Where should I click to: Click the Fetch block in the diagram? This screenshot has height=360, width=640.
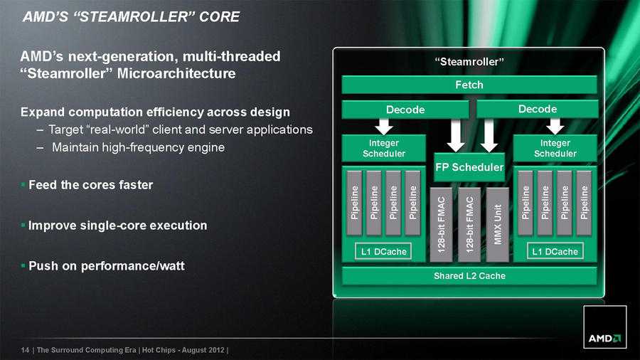click(x=469, y=85)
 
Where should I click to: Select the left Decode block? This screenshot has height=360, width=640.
click(x=405, y=110)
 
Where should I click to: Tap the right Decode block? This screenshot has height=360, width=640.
click(x=537, y=109)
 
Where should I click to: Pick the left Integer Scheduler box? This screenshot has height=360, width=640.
click(x=384, y=149)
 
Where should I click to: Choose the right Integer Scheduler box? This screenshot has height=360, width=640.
click(x=555, y=149)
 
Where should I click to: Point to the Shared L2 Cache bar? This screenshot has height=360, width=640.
click(x=469, y=275)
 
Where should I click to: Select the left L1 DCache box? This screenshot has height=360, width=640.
click(x=383, y=251)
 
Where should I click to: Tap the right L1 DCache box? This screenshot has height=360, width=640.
click(x=554, y=251)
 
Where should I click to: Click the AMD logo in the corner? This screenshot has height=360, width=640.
click(x=604, y=337)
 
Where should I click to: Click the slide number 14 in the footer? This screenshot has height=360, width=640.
click(x=25, y=350)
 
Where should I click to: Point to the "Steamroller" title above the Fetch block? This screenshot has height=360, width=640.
click(x=469, y=63)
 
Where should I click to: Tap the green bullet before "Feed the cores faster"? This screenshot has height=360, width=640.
click(x=22, y=184)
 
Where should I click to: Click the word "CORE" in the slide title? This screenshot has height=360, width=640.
click(x=219, y=16)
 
